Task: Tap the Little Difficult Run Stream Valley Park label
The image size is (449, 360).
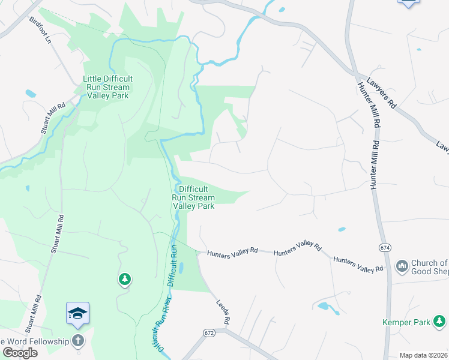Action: pyautogui.click(x=108, y=87)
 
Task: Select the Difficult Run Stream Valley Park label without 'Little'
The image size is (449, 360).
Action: pyautogui.click(x=193, y=197)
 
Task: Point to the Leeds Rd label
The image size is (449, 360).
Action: pyautogui.click(x=223, y=311)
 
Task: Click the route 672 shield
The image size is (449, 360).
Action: pyautogui.click(x=209, y=332)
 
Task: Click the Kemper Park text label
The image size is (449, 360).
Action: pyautogui.click(x=406, y=322)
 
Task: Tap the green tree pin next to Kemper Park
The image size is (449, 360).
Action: pyautogui.click(x=440, y=322)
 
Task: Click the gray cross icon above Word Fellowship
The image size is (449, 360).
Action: pyautogui.click(x=77, y=340)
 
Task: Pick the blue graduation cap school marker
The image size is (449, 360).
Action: pyautogui.click(x=77, y=313)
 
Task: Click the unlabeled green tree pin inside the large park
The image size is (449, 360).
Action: pyautogui.click(x=124, y=278)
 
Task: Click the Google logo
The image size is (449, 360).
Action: pyautogui.click(x=20, y=353)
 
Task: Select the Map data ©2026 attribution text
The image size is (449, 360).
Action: pyautogui.click(x=424, y=355)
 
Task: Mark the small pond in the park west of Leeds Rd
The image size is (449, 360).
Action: pyautogui.click(x=181, y=269)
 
